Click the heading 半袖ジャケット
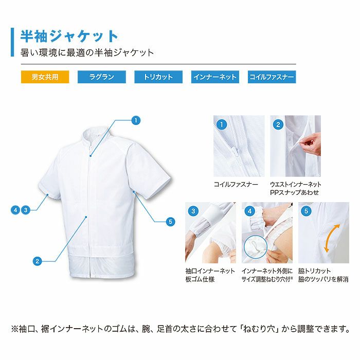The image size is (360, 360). click(x=69, y=36)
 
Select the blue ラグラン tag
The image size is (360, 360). click(x=101, y=77)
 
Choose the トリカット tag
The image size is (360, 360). click(x=158, y=77)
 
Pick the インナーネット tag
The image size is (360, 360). click(x=215, y=77)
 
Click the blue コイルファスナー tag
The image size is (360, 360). click(x=272, y=77)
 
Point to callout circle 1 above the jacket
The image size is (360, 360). click(x=136, y=120)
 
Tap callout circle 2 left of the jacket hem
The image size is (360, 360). click(x=37, y=261)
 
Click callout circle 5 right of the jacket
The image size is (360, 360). click(x=171, y=222)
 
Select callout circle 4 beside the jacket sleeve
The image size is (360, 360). click(x=16, y=209)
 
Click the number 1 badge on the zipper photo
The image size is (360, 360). click(x=222, y=124)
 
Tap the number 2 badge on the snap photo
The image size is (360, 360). click(x=278, y=124)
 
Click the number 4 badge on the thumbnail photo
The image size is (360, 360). click(x=250, y=211)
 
